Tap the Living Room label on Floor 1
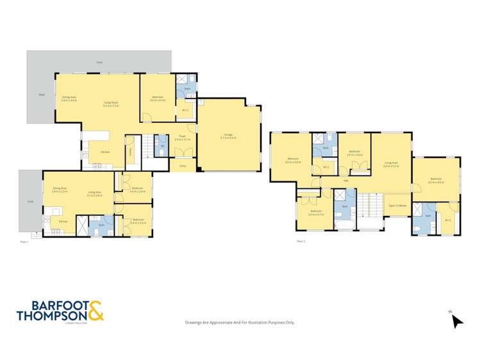point(111,102)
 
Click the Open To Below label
point(397,206)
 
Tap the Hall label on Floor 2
point(345,181)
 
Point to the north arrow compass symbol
point(456,320)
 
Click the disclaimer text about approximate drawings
point(240,322)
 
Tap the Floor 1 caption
point(24,242)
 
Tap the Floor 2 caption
point(301,241)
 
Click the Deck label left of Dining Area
point(42,95)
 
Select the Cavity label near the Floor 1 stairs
point(131,151)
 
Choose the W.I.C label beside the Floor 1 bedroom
point(185,110)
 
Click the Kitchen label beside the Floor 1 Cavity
point(104,152)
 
